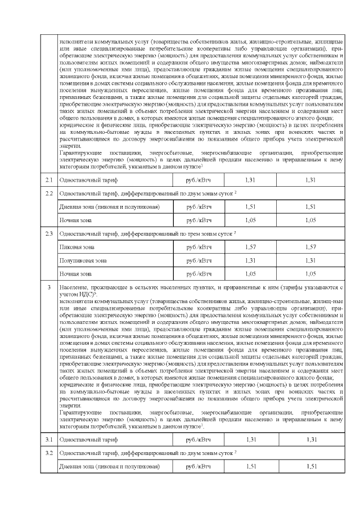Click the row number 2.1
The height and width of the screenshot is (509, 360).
(48, 179)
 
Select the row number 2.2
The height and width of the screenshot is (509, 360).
(48, 193)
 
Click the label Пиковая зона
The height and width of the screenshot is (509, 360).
(76, 247)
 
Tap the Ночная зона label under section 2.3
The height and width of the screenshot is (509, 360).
(75, 274)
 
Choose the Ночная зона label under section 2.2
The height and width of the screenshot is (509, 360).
(75, 220)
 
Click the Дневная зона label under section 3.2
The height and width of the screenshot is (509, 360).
(109, 466)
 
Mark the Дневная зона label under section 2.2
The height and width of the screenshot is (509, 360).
(109, 206)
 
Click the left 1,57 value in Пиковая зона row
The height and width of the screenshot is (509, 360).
(250, 247)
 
